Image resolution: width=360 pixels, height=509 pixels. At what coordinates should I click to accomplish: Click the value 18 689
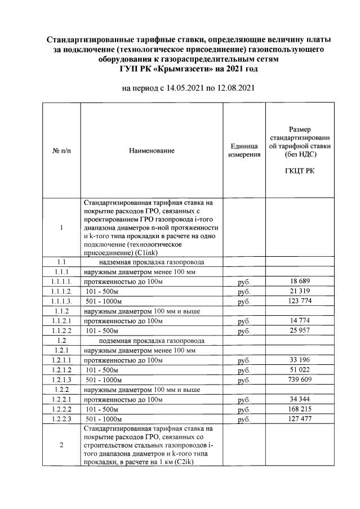301,281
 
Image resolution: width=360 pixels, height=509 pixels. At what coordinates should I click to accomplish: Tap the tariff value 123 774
301,301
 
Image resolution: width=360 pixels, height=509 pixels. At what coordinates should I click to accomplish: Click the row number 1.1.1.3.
60,301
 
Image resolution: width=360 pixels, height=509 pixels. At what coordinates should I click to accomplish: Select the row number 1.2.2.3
60,419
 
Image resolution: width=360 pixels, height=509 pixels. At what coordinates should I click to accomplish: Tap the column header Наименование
152,150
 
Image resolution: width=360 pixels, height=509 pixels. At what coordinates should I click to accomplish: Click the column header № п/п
61,150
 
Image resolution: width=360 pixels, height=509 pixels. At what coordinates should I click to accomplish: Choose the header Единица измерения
243,150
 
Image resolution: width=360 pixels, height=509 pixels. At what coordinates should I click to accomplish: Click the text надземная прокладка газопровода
151,262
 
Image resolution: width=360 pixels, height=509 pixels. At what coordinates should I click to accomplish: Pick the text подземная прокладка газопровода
151,341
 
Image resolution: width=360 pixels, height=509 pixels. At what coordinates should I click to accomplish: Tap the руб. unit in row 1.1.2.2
243,331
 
